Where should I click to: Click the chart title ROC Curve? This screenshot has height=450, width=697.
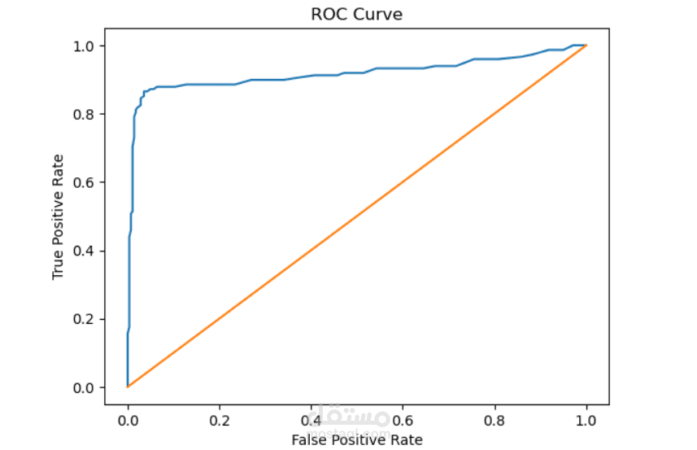356,15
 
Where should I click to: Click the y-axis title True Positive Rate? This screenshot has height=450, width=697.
58,216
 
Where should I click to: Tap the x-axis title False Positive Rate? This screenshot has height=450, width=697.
356,439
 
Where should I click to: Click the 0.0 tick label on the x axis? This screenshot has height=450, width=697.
128,421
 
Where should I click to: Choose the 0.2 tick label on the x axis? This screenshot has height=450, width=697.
220,421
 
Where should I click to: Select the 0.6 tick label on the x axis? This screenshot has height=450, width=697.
403,421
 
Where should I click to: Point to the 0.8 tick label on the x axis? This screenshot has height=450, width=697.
494,421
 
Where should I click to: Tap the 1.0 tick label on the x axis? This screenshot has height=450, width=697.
586,421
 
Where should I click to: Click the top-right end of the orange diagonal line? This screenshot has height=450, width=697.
586,46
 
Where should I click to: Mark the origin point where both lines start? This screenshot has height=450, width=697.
128,387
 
